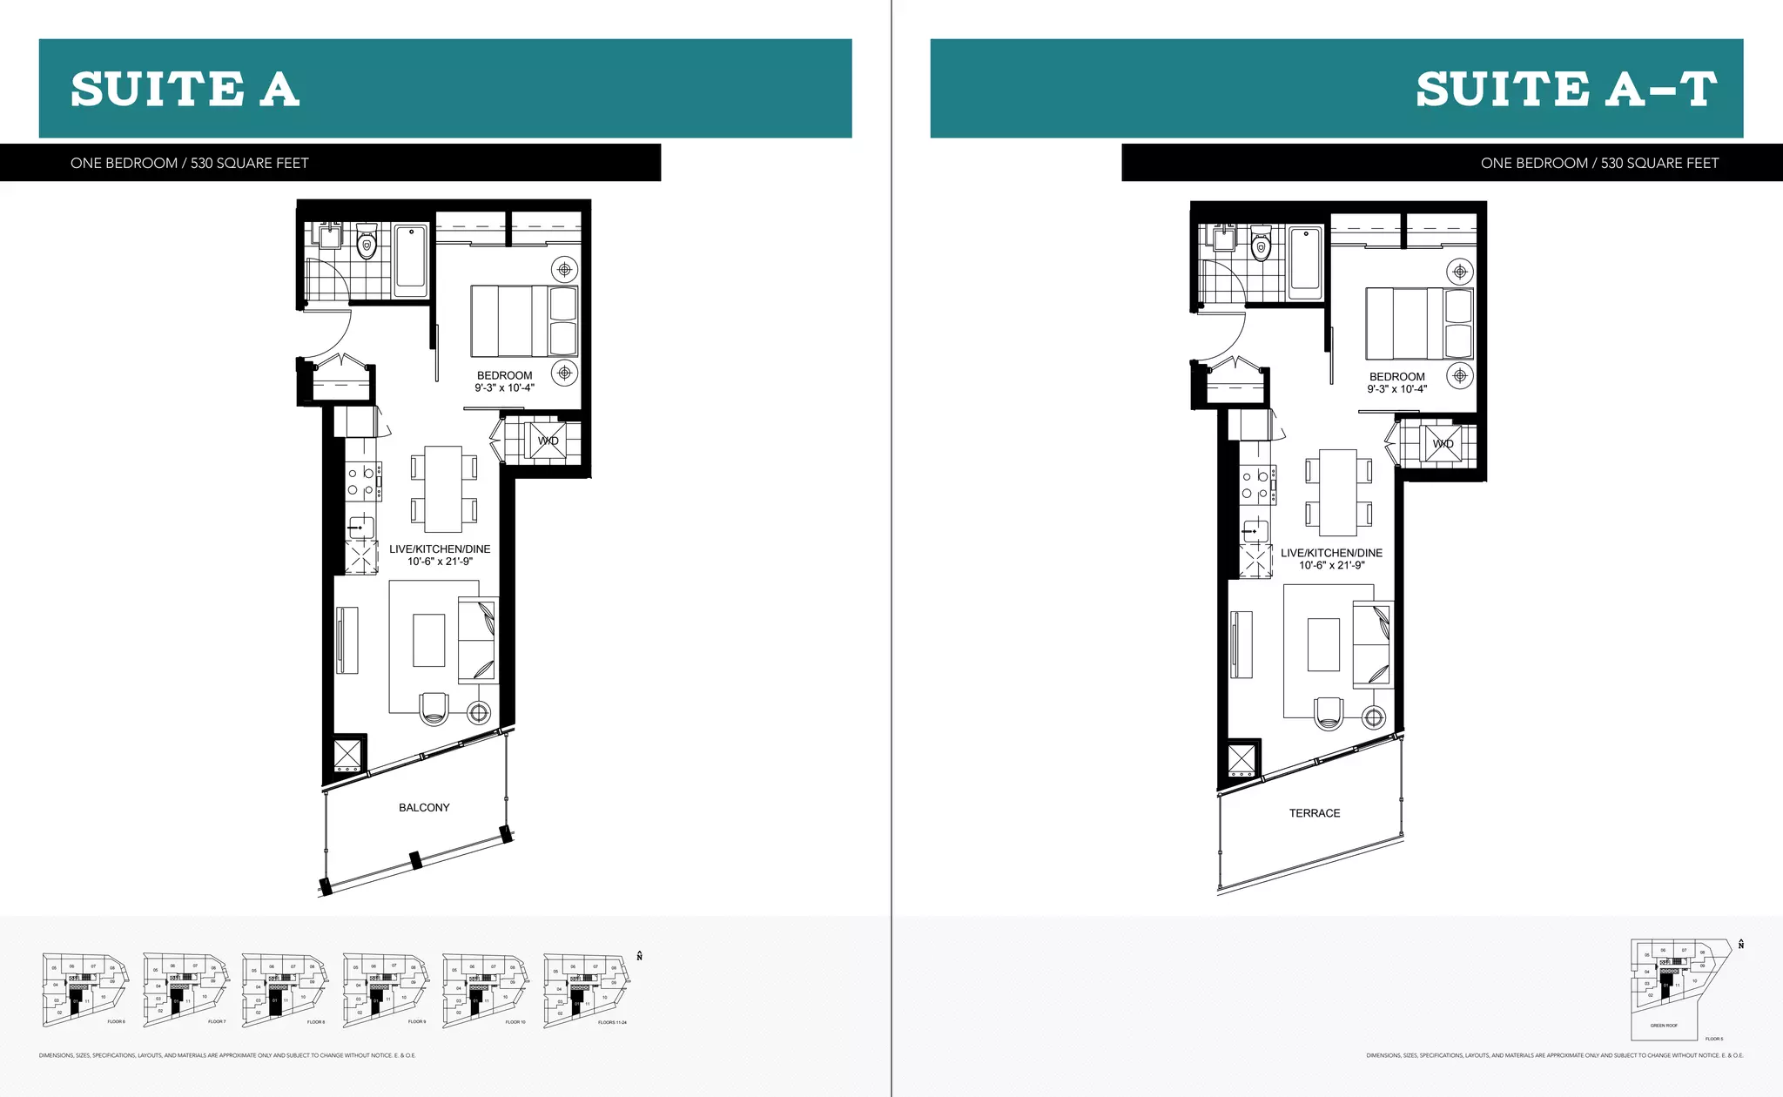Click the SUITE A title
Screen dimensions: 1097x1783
[185, 90]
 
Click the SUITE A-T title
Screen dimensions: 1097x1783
[1565, 90]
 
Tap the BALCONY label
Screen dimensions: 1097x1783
[424, 808]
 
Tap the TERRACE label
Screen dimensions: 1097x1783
[1315, 813]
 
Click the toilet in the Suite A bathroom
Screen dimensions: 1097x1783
[367, 243]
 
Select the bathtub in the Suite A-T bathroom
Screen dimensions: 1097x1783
[1305, 259]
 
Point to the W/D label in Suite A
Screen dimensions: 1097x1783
[548, 441]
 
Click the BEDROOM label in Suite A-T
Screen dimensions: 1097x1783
[1396, 377]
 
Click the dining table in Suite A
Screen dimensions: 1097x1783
[443, 489]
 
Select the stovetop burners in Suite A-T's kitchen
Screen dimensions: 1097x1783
[1255, 485]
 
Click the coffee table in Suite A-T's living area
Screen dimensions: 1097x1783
[1323, 644]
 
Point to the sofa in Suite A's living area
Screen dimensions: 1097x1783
[477, 640]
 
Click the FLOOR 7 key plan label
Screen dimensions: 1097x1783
[217, 1021]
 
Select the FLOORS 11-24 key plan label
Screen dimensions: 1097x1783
[612, 1022]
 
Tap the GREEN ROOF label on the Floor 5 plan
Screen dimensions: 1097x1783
[1664, 1026]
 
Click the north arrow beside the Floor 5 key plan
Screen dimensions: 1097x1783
[1740, 944]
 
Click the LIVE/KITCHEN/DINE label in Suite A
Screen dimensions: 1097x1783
[440, 549]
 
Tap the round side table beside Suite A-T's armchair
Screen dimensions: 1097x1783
[1374, 717]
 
